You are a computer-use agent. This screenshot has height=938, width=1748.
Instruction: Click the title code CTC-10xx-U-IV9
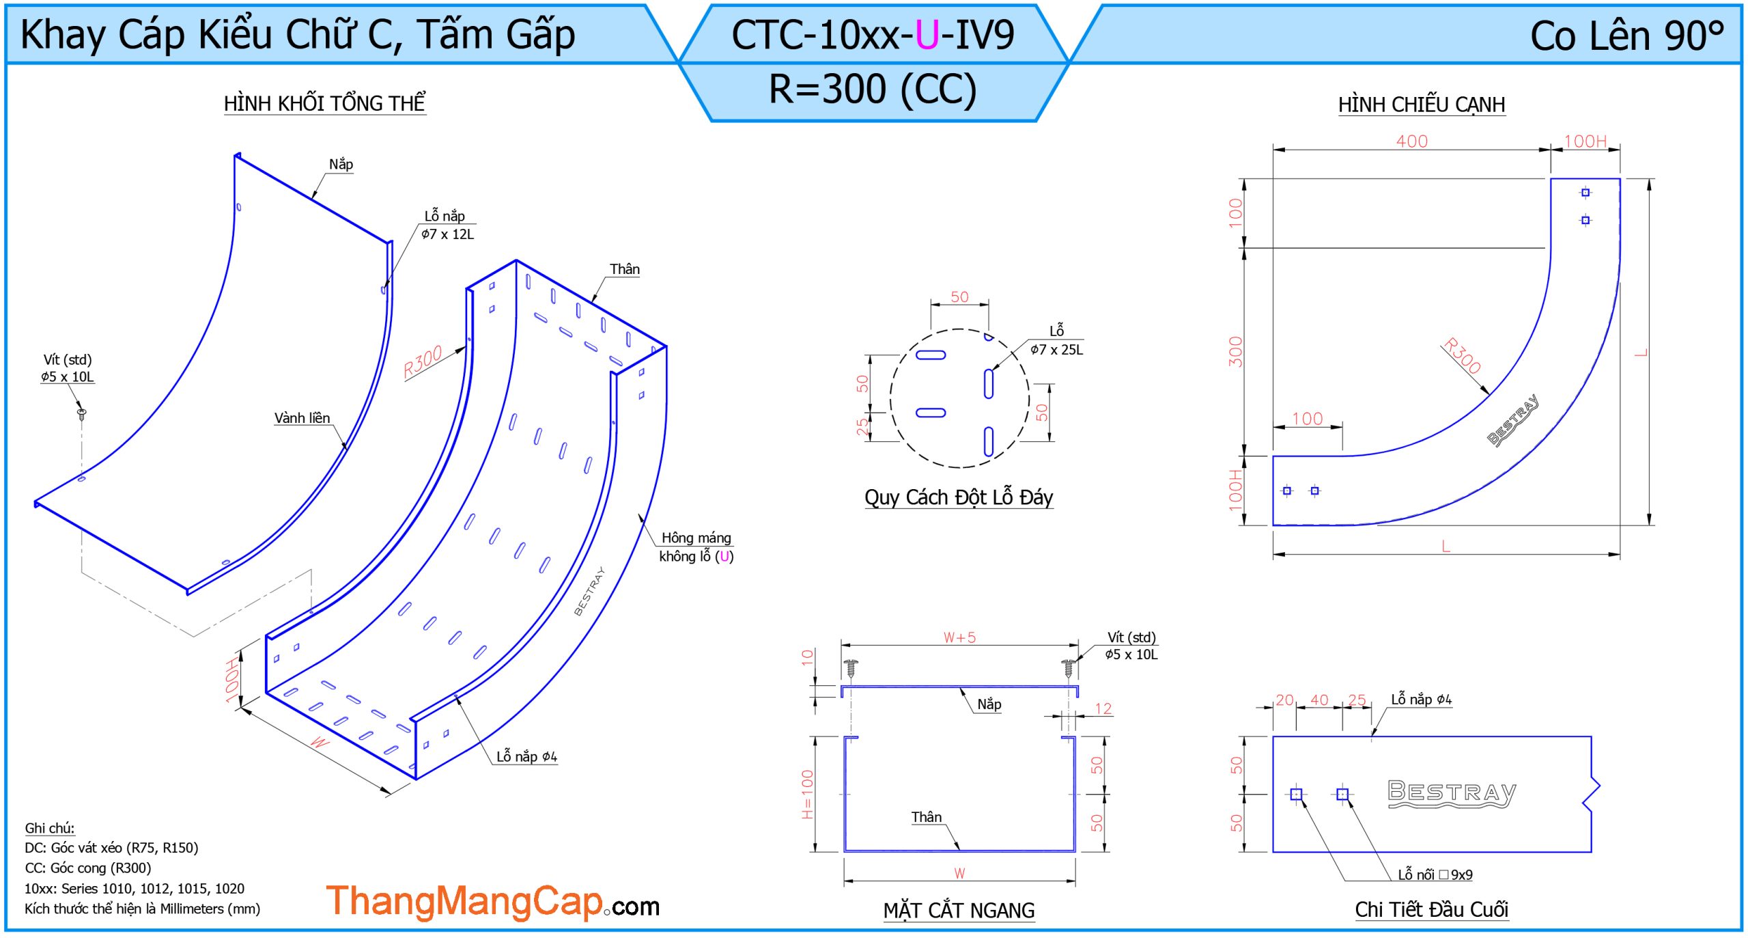pyautogui.click(x=873, y=35)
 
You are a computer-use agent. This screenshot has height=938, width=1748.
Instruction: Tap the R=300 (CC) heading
pyautogui.click(x=873, y=89)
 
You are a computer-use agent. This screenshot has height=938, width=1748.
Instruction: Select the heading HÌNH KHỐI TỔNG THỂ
pyautogui.click(x=325, y=103)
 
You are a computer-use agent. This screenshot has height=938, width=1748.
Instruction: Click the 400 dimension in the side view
pyautogui.click(x=1411, y=141)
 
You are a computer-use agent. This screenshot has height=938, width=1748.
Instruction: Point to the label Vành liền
pyautogui.click(x=302, y=417)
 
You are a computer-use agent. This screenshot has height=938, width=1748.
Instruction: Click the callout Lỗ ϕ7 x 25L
pyautogui.click(x=1056, y=340)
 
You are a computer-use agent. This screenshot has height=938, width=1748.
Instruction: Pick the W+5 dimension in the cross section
pyautogui.click(x=959, y=637)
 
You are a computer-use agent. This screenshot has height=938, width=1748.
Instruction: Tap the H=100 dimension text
pyautogui.click(x=807, y=795)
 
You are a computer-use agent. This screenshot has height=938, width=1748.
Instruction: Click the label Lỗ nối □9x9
pyautogui.click(x=1435, y=874)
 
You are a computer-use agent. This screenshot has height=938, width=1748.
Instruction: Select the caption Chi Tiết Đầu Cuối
pyautogui.click(x=1431, y=909)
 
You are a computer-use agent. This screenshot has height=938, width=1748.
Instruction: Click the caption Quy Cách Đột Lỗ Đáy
pyautogui.click(x=959, y=497)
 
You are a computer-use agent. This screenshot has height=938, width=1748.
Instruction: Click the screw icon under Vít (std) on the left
pyautogui.click(x=81, y=413)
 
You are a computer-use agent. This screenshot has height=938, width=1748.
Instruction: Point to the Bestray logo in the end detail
pyautogui.click(x=1452, y=793)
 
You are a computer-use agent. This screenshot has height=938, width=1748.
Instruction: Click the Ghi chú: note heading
pyautogui.click(x=50, y=828)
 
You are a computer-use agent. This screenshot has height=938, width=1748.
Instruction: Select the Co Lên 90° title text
pyautogui.click(x=1627, y=36)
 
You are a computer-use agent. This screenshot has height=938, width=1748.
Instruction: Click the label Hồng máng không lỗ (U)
pyautogui.click(x=696, y=547)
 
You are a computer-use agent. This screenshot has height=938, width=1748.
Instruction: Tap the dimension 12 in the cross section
pyautogui.click(x=1103, y=708)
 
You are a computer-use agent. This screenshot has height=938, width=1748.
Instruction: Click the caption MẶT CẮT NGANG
pyautogui.click(x=959, y=911)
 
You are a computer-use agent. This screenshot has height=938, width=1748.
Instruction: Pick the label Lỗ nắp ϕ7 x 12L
pyautogui.click(x=447, y=225)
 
